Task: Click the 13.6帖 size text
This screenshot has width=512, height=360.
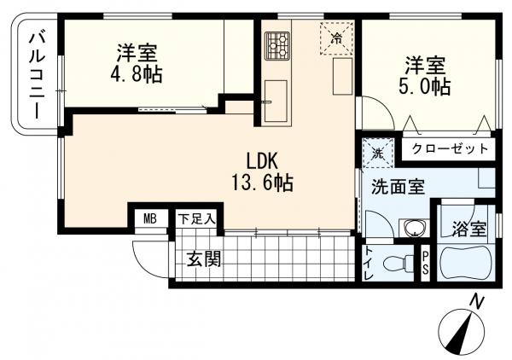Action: point(261,182)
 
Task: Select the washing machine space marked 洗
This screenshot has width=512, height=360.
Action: point(376,154)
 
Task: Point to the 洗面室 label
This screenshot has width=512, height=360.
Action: point(397,187)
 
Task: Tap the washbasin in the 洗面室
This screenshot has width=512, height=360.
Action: point(415,228)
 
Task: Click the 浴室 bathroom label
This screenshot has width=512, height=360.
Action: point(468,229)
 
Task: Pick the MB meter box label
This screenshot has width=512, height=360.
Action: point(150,218)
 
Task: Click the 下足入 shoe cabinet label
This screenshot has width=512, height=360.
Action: point(196,218)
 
